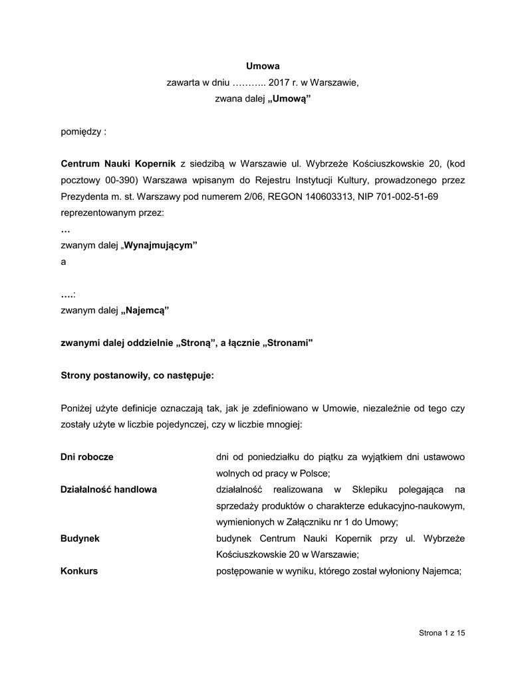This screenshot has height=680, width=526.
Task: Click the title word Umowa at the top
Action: [x=263, y=66]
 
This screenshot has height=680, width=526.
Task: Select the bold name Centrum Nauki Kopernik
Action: [x=118, y=163]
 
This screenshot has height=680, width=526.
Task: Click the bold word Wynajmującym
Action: [x=162, y=245]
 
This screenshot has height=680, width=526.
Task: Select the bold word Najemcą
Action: [x=147, y=309]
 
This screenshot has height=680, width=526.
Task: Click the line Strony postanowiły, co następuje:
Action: [x=138, y=375]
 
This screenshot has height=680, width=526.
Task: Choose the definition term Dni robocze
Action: [x=86, y=457]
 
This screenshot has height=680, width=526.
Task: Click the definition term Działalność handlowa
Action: [x=108, y=489]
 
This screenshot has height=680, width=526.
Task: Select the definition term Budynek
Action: [x=80, y=539]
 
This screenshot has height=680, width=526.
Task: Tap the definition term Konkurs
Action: [x=79, y=570]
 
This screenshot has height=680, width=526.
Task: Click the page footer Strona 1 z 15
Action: [x=442, y=633]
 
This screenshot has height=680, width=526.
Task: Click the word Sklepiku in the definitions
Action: [x=360, y=489]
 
